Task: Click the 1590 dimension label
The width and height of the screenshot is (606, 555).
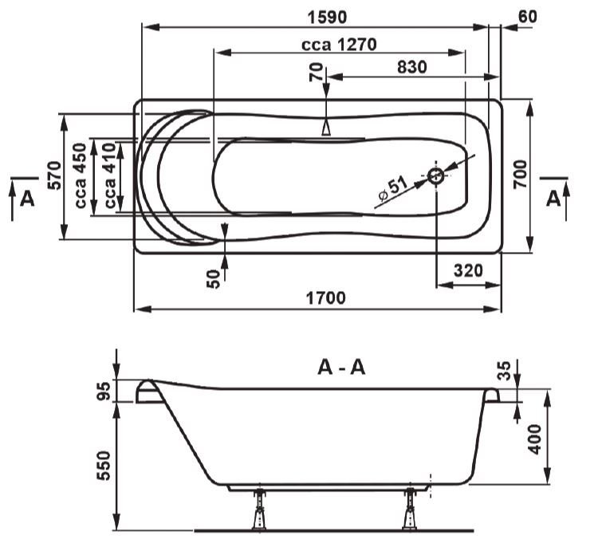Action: pyautogui.click(x=327, y=17)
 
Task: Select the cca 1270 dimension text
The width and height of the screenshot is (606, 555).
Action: pyautogui.click(x=339, y=45)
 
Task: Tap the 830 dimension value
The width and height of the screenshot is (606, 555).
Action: pyautogui.click(x=412, y=67)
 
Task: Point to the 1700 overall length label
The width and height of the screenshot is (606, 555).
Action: pyautogui.click(x=326, y=298)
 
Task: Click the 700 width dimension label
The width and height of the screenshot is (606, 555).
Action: pyautogui.click(x=520, y=174)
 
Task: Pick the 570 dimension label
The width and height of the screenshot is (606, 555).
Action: pyautogui.click(x=54, y=175)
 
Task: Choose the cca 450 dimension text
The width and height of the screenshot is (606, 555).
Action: pyautogui.click(x=80, y=176)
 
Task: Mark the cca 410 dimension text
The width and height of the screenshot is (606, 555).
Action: pyautogui.click(x=110, y=176)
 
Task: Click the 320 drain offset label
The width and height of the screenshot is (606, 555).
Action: pyautogui.click(x=468, y=270)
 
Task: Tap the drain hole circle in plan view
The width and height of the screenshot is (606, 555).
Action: pyautogui.click(x=436, y=176)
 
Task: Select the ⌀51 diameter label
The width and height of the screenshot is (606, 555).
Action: pyautogui.click(x=392, y=189)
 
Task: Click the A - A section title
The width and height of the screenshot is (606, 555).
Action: pyautogui.click(x=341, y=367)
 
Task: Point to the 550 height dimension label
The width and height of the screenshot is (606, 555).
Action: pyautogui.click(x=104, y=466)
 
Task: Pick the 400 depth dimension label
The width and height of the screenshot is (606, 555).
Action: pyautogui.click(x=534, y=439)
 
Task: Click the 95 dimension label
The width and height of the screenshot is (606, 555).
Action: pyautogui.click(x=104, y=391)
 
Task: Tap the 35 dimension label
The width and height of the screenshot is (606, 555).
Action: pyautogui.click(x=505, y=370)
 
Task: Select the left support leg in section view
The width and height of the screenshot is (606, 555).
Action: pyautogui.click(x=259, y=509)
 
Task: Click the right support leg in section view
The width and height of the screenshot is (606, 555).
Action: pyautogui.click(x=410, y=509)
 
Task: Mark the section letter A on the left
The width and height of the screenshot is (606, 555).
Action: pyautogui.click(x=27, y=199)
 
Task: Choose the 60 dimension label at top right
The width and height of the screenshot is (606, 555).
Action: pyautogui.click(x=527, y=17)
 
